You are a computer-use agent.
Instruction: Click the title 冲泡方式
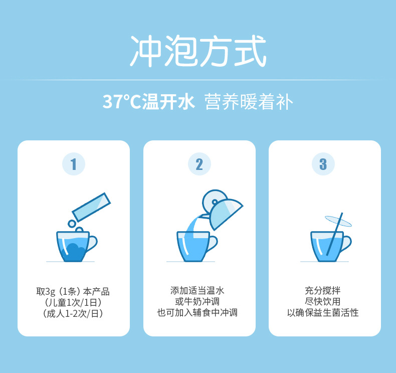click(198, 52)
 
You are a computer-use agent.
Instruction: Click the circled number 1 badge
click(74, 164)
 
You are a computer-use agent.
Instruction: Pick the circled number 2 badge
click(199, 164)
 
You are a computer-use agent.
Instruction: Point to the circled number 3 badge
click(323, 164)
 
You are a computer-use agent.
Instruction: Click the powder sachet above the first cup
click(91, 205)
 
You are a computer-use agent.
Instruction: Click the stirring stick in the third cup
click(335, 233)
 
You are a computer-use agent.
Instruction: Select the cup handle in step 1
click(92, 243)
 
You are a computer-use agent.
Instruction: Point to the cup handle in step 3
click(346, 243)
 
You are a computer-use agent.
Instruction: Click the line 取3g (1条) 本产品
click(73, 291)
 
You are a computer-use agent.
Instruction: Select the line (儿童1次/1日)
click(73, 302)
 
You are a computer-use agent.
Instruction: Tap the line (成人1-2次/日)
click(73, 314)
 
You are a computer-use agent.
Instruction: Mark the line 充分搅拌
click(323, 290)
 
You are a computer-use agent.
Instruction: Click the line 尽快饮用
click(323, 302)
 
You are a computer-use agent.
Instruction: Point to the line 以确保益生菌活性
click(323, 313)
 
